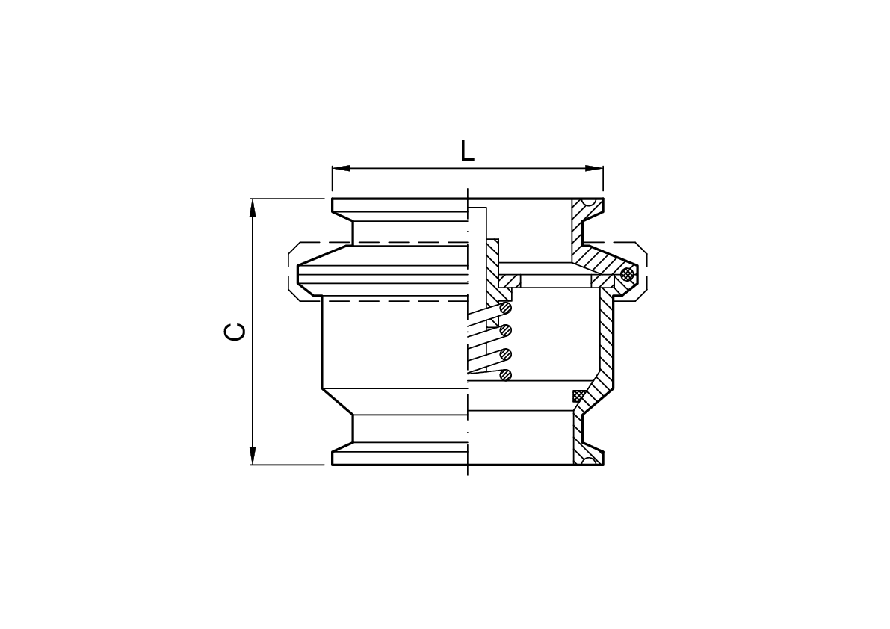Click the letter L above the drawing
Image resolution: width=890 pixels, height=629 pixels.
(x=467, y=151)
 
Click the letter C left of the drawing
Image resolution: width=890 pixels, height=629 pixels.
(x=235, y=332)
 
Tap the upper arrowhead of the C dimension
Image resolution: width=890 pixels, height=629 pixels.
(x=253, y=208)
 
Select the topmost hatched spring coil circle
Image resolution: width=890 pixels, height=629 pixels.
(x=506, y=307)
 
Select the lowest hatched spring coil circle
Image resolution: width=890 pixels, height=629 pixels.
(x=506, y=374)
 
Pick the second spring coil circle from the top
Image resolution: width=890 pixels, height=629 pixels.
(x=506, y=329)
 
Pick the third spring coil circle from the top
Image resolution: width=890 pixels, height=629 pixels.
(x=506, y=353)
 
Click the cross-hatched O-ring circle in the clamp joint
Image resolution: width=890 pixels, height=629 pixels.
(x=627, y=274)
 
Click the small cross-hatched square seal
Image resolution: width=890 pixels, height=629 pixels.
(x=578, y=396)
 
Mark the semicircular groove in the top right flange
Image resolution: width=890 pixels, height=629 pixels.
(x=589, y=202)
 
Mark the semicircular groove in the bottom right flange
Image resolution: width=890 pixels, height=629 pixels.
(x=589, y=461)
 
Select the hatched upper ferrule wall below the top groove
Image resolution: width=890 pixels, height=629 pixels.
(x=577, y=228)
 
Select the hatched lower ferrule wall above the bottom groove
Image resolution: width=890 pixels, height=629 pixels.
(x=577, y=433)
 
